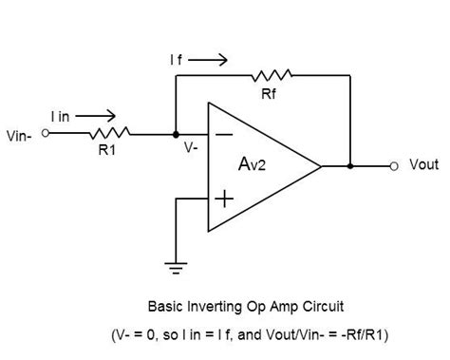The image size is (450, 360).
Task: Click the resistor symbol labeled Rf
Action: (x=272, y=75)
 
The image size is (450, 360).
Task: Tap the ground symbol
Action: (x=177, y=267)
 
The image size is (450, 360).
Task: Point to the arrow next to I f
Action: (x=208, y=59)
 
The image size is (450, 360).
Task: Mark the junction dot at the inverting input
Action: (x=176, y=134)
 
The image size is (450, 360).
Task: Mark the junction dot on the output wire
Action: (x=350, y=165)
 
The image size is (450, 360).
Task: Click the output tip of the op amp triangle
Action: (x=321, y=165)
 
